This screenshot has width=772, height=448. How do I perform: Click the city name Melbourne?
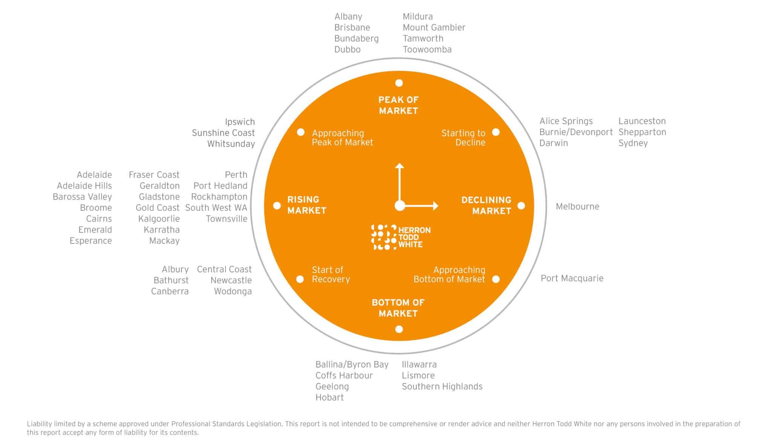577,206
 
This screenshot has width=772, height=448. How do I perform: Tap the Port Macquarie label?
572,278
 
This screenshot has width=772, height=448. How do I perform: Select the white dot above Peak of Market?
399,83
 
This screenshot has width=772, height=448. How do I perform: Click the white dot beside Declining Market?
521,206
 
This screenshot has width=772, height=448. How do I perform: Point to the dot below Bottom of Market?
399,329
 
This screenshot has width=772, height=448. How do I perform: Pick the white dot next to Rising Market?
277,206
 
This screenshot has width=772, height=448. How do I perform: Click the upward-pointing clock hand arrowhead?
400,166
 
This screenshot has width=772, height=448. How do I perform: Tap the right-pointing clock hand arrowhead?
436,206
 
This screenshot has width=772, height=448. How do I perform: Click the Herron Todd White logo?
401,237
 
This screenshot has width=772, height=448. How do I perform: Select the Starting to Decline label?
463,138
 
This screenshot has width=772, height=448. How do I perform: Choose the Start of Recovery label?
331,275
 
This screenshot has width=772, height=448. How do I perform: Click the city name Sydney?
633,143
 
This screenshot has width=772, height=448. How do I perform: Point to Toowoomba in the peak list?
427,49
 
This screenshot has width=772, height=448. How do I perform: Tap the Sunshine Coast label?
223,133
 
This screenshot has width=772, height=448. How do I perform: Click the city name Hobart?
329,397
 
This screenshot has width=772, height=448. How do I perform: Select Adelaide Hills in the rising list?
84,186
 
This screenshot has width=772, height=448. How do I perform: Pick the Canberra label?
170,291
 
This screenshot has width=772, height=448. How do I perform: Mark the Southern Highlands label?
442,387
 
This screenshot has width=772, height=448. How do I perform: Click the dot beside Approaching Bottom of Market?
496,279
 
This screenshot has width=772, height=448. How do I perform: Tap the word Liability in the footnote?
39,424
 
